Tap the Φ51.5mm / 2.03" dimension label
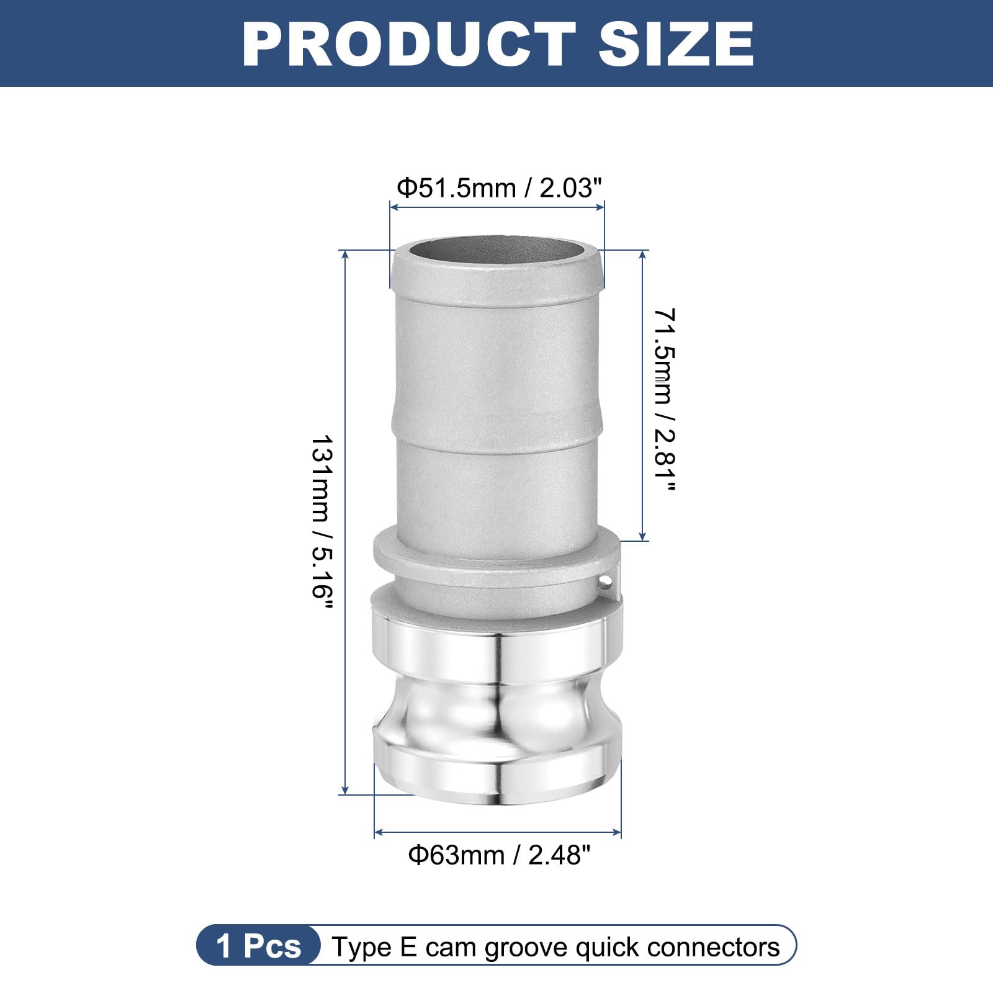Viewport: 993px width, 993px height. coord(500,187)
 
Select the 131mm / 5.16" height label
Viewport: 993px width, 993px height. coord(322,521)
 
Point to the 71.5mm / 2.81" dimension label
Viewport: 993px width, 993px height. coord(663,400)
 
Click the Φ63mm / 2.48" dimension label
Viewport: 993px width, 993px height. coord(499,855)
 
